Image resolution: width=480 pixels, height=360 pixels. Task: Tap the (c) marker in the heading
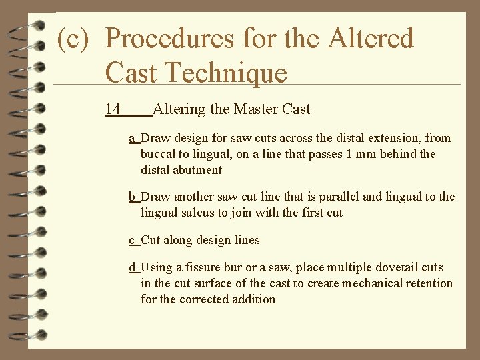point(73,39)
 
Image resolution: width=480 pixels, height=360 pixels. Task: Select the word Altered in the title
point(371,39)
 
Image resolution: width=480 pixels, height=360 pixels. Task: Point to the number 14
point(112,109)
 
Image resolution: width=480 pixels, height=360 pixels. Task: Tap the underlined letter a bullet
point(132,138)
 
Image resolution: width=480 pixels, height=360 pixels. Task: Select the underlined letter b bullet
point(132,197)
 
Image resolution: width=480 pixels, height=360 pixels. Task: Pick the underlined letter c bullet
point(132,240)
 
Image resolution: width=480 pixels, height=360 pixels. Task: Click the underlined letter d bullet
point(132,267)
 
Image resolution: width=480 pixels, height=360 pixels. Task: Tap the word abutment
point(197,170)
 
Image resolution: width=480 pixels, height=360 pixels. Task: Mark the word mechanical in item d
point(373,283)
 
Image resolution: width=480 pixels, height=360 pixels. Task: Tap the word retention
point(429,283)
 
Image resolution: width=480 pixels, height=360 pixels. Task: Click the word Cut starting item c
point(151,240)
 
